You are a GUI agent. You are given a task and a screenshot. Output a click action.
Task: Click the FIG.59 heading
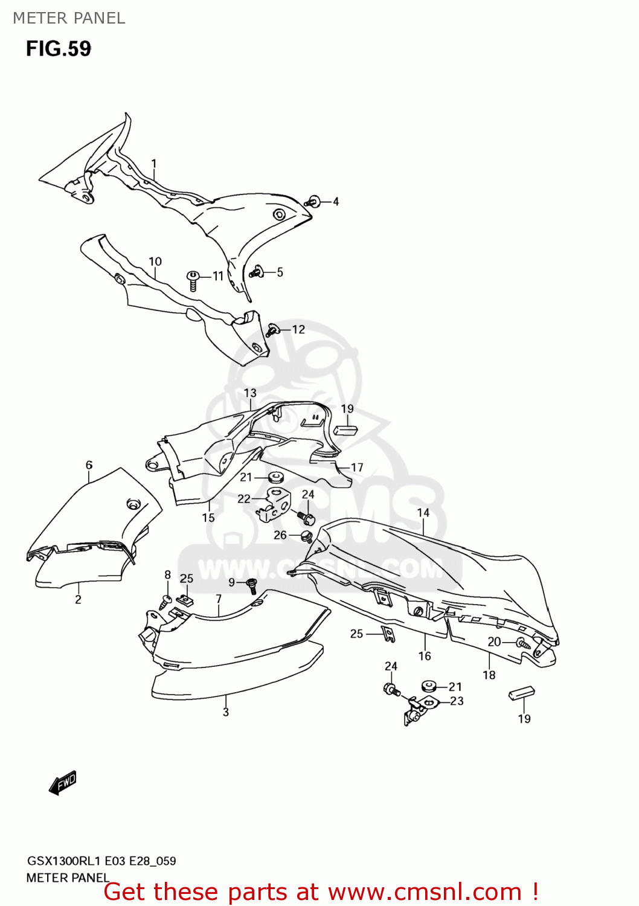[x=59, y=49]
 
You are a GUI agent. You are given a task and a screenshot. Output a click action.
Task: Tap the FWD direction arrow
[x=63, y=782]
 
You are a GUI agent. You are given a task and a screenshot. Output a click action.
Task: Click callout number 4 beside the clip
[x=336, y=201]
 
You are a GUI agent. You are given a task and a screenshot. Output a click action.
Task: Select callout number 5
[x=280, y=272]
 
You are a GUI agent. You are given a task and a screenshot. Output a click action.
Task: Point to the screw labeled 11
[x=193, y=281]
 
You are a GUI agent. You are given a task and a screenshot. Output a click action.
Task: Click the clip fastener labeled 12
[x=273, y=330]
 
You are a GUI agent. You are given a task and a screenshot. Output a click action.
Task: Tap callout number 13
[x=250, y=393]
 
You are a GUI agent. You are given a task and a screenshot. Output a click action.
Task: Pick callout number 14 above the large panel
[x=423, y=513]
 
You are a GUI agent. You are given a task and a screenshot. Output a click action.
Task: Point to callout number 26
[x=280, y=535]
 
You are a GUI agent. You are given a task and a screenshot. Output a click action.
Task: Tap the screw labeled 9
[x=252, y=585]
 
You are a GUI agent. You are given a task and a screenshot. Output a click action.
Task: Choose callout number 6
[x=89, y=465]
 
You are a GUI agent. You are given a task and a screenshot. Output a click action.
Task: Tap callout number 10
[x=155, y=262]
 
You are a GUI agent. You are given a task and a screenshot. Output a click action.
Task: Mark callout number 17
[x=357, y=467]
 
